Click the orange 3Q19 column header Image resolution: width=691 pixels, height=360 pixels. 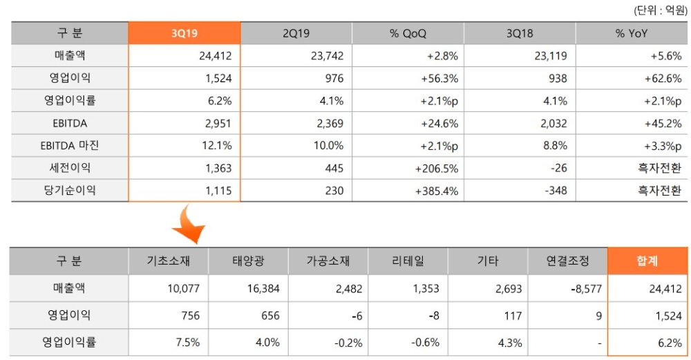[x=184, y=33]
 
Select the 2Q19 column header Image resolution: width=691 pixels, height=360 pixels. [x=296, y=33]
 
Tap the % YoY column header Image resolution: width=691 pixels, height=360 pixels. [x=631, y=33]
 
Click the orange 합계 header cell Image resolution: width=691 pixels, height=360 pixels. [x=647, y=260]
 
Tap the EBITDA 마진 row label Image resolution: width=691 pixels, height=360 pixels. [x=69, y=146]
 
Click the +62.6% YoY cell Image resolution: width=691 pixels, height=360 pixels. [x=661, y=79]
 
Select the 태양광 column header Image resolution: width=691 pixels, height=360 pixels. [x=249, y=261]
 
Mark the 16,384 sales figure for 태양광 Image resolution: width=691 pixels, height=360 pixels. [x=261, y=289]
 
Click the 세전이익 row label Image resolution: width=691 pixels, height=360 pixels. [x=69, y=168]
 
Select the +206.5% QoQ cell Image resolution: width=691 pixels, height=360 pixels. [x=435, y=168]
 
